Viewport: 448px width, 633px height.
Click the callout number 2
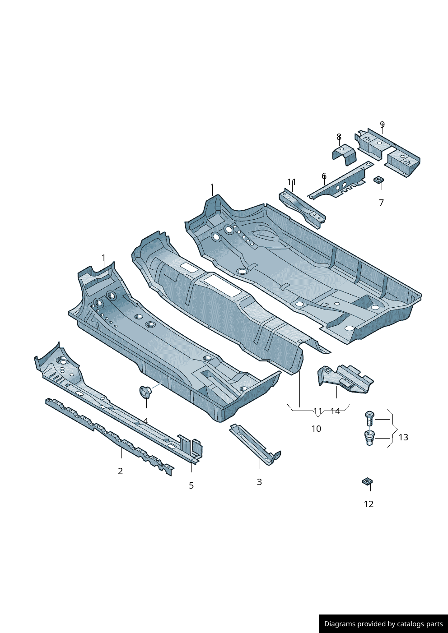pyautogui.click(x=121, y=471)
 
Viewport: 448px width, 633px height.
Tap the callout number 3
pyautogui.click(x=259, y=482)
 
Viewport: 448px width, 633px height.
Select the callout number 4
pyautogui.click(x=146, y=421)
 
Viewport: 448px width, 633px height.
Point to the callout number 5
pyautogui.click(x=191, y=485)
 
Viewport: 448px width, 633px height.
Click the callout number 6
pyautogui.click(x=324, y=176)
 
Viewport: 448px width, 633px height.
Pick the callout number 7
pyautogui.click(x=382, y=203)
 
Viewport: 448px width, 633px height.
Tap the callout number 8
pyautogui.click(x=339, y=137)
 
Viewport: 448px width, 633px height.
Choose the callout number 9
pyautogui.click(x=383, y=125)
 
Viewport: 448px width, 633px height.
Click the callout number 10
pyautogui.click(x=317, y=429)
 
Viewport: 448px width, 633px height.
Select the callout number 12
pyautogui.click(x=369, y=504)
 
